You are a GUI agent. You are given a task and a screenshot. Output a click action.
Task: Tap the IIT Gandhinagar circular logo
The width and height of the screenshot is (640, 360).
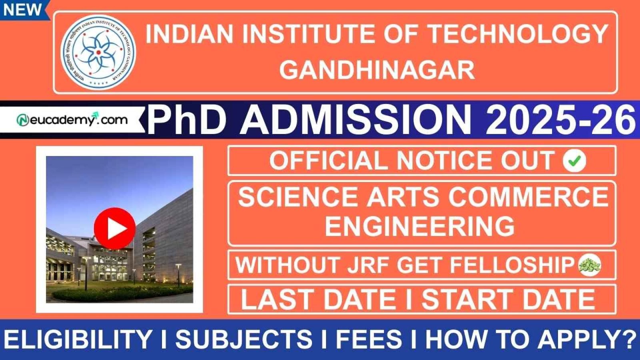click(98, 52)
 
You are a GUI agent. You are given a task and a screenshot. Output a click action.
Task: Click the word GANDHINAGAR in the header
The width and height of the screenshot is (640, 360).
click(377, 70)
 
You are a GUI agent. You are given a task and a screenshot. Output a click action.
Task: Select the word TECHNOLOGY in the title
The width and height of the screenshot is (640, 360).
click(518, 34)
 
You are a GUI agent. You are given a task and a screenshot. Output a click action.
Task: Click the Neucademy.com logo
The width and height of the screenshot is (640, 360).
click(72, 120)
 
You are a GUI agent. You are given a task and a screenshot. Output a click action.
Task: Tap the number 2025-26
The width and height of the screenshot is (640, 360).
click(560, 119)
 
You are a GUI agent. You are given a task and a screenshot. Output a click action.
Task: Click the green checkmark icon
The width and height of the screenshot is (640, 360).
click(574, 161)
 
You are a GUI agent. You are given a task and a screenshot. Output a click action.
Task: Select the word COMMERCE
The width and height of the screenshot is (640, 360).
click(528, 197)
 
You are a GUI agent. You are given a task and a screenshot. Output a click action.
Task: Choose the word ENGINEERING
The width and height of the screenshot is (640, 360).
click(420, 226)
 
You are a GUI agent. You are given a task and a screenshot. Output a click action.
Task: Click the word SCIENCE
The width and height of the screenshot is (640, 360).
click(298, 197)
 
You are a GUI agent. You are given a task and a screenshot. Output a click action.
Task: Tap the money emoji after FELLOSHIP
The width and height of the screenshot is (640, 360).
click(590, 265)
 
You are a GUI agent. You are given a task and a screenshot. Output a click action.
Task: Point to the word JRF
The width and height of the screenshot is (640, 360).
click(366, 265)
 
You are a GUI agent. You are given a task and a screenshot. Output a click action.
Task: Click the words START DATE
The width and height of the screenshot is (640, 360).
click(508, 299)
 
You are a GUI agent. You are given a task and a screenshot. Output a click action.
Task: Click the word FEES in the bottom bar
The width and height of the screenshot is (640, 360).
click(369, 340)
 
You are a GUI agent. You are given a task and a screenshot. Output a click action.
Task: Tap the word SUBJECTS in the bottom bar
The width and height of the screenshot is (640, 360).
click(244, 340)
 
